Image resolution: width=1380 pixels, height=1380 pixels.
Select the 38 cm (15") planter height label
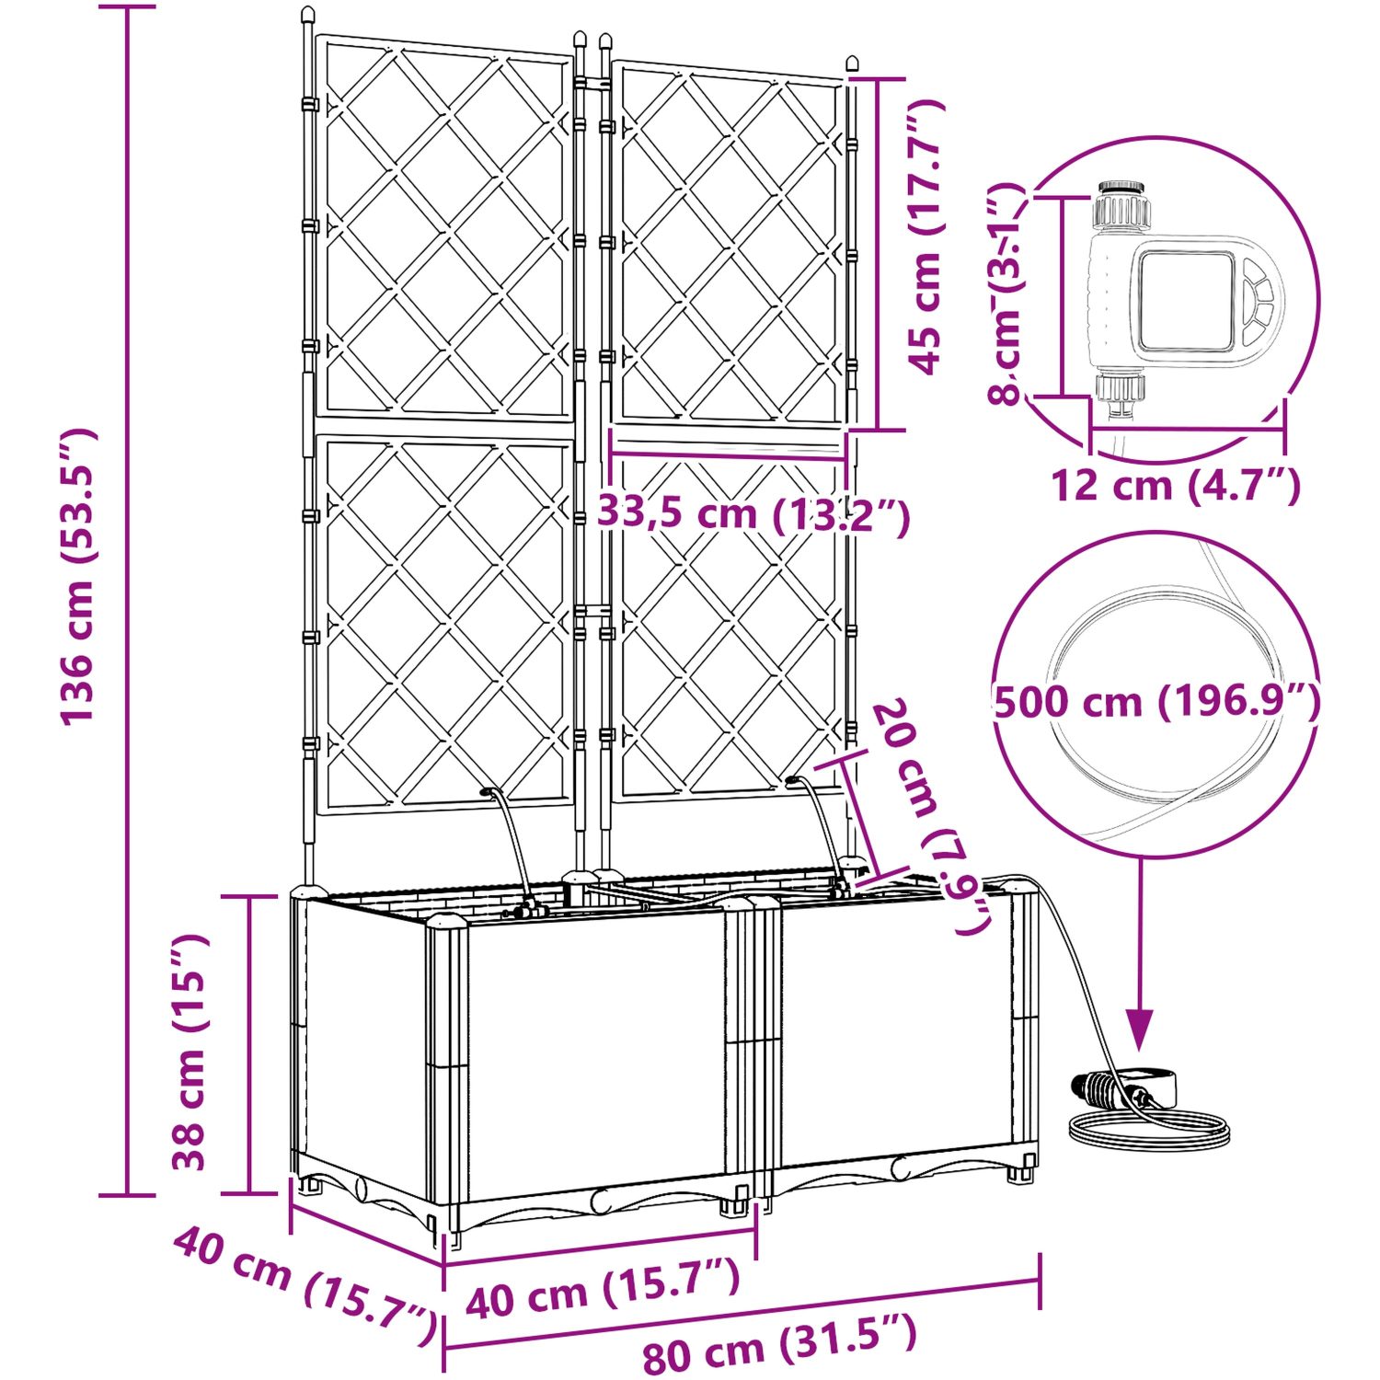pos(191,1052)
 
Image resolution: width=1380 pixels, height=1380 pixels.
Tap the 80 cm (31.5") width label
pos(780,1346)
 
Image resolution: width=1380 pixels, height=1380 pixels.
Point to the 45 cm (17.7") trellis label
pos(927,236)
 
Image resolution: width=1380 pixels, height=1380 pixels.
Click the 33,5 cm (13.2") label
pos(753,513)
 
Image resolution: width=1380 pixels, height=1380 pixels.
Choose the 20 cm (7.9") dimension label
pos(930,817)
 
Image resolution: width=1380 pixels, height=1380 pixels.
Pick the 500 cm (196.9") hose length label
pos(1157,702)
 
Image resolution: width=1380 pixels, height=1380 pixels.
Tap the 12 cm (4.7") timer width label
pos(1176,485)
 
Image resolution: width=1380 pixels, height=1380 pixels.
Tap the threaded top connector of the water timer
pos(1121,205)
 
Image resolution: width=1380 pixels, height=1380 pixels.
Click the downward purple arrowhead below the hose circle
pos(1140,1029)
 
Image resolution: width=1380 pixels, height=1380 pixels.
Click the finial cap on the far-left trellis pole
pos(307,16)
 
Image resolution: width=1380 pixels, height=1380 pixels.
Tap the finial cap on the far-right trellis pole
pos(851,63)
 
